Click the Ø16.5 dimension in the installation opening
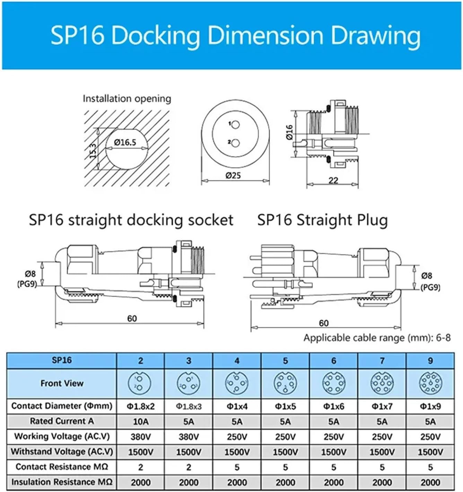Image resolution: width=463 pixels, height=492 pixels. (125, 142)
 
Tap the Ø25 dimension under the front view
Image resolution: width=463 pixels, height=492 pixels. (233, 175)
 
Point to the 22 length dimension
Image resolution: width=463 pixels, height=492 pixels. (333, 180)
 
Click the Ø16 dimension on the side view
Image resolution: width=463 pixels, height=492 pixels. (290, 132)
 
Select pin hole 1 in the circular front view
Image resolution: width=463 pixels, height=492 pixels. (236, 125)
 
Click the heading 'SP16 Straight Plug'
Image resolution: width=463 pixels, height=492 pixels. (322, 220)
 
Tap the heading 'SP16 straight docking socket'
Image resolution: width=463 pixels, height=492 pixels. (131, 220)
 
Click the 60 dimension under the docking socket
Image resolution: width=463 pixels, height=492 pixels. (132, 318)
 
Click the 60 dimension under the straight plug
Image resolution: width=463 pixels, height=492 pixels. (323, 323)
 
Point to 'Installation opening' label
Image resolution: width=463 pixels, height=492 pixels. (127, 99)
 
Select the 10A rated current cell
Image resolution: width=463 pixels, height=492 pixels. (141, 422)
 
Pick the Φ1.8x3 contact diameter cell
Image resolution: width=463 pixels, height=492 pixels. (189, 406)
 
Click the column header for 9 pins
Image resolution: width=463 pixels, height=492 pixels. (430, 361)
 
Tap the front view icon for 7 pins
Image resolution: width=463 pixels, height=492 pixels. (382, 383)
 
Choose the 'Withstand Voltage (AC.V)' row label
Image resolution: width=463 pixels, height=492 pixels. (62, 452)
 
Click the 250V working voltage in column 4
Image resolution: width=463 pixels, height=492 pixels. (237, 437)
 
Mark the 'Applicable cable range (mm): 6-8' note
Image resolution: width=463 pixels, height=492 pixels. (377, 338)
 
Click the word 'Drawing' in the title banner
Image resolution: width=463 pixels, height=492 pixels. (376, 35)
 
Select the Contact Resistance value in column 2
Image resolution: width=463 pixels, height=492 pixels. (141, 467)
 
